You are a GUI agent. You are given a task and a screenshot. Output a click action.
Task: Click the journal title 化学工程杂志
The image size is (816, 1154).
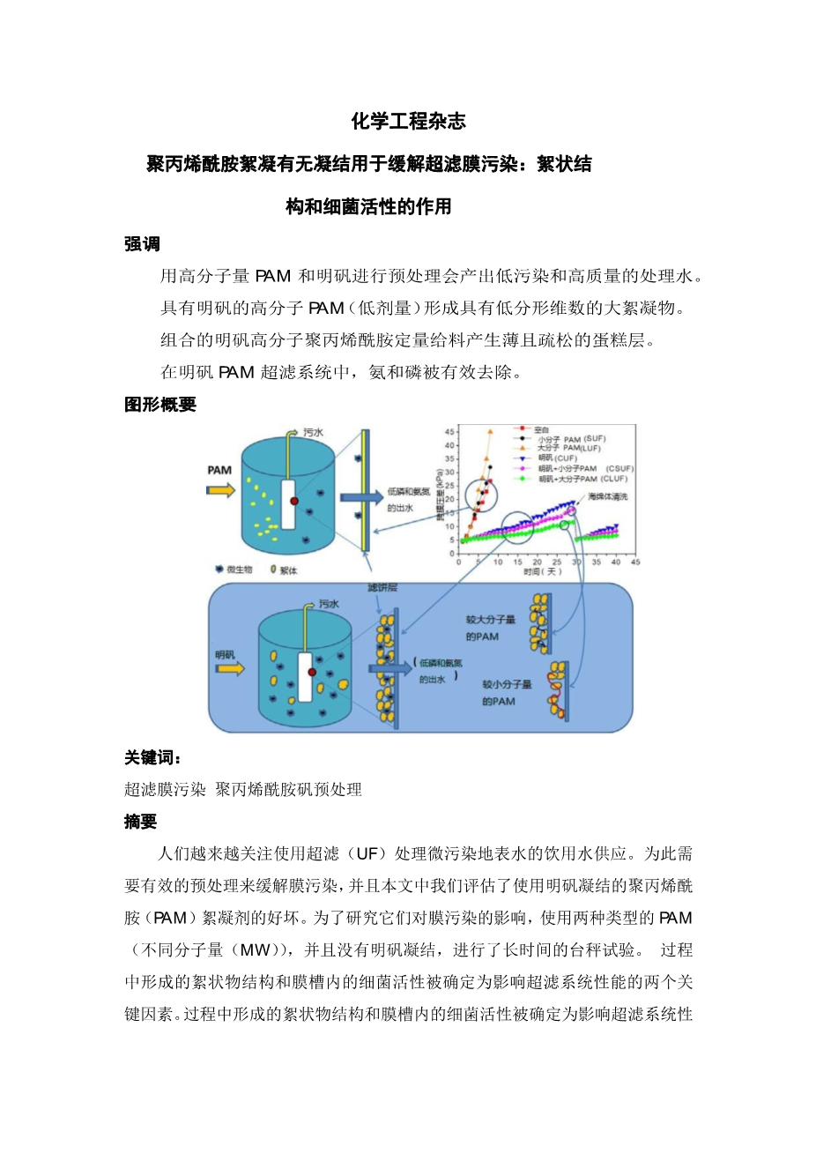coord(408,121)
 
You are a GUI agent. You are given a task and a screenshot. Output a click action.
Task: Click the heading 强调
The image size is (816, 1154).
coord(142,244)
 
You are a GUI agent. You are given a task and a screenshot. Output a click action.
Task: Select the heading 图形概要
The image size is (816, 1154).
coord(159,405)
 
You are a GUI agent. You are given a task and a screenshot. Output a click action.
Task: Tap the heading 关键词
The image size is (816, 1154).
coord(152,757)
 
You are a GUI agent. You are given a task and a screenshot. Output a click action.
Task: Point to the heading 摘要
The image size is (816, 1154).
coord(141,822)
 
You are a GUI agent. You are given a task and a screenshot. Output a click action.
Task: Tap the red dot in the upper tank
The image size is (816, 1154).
coord(294,500)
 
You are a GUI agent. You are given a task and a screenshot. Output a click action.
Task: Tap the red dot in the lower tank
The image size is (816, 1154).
coord(312,672)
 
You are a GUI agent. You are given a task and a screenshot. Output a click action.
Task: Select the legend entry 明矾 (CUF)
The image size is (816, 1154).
coord(557,458)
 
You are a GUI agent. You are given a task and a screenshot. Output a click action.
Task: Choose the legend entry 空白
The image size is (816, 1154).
coord(541,429)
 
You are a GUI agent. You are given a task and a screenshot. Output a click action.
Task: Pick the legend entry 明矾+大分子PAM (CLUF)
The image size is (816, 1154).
coord(582,479)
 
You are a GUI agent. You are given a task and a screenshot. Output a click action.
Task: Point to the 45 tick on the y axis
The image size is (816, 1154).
coord(450,431)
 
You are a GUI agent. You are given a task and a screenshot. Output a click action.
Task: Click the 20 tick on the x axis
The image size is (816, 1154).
coord(538,562)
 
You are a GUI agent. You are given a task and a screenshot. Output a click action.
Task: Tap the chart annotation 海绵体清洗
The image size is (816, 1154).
coord(608,497)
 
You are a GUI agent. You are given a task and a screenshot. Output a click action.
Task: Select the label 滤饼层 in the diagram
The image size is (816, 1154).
coord(382,587)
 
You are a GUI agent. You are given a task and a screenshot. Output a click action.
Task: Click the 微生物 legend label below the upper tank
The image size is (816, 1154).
coord(239,570)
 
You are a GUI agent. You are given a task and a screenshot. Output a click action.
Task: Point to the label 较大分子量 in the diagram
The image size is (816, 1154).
coord(490,620)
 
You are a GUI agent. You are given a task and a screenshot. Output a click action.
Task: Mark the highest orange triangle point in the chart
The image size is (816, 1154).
coord(490,432)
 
